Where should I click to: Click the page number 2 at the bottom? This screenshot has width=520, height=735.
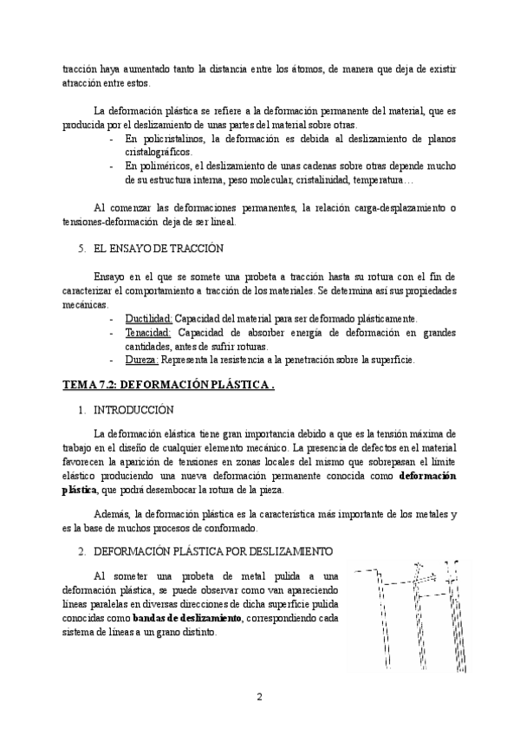tap(259, 696)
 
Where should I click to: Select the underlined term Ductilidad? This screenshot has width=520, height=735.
tap(148, 318)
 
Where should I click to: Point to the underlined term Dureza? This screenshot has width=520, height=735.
tap(143, 360)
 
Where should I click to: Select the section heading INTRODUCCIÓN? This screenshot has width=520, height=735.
tap(133, 408)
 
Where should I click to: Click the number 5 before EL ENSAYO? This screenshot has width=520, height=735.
tap(81, 249)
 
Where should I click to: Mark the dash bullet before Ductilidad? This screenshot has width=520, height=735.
tap(112, 318)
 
